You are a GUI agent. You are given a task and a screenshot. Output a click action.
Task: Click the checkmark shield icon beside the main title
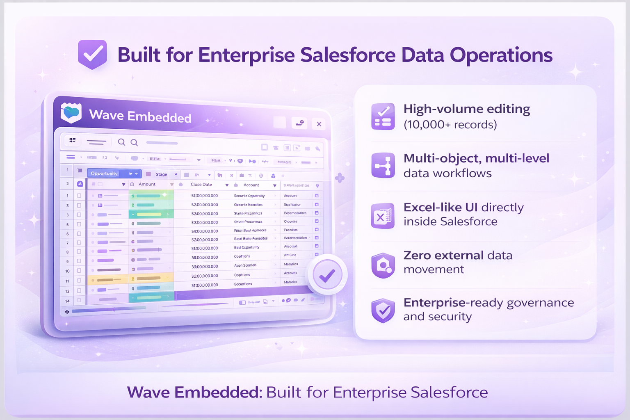click(x=93, y=55)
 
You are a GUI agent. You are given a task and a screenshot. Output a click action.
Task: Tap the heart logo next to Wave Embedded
click(x=71, y=113)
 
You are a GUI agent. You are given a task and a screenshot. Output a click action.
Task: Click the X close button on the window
click(x=319, y=124)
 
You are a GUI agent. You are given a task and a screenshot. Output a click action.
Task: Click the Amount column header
click(x=147, y=185)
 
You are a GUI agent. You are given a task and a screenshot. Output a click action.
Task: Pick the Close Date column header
click(x=201, y=185)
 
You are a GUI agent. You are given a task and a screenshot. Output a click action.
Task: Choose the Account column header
click(x=251, y=185)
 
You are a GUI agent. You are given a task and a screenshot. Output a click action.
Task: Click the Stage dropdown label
click(x=161, y=174)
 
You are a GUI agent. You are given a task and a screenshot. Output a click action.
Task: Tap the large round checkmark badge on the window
click(x=327, y=275)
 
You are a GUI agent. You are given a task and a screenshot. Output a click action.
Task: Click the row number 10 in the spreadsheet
click(x=67, y=271)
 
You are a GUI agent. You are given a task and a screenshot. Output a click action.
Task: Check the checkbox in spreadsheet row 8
click(x=79, y=252)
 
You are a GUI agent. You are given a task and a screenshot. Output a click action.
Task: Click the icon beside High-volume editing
click(x=383, y=116)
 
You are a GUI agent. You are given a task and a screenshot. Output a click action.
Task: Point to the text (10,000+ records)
click(x=450, y=125)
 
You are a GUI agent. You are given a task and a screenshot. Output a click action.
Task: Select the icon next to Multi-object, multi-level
click(x=383, y=165)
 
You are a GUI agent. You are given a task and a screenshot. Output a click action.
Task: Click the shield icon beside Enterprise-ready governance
click(x=383, y=310)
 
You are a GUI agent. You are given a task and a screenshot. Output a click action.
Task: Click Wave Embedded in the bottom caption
click(x=194, y=393)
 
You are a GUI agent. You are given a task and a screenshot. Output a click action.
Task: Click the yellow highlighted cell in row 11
click(x=107, y=280)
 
